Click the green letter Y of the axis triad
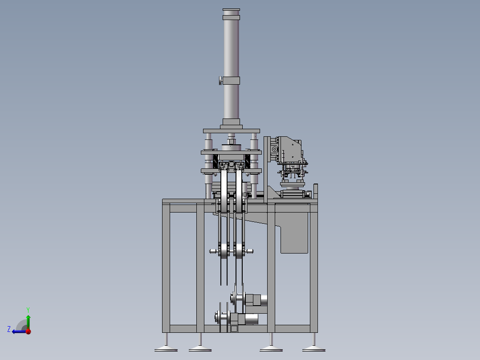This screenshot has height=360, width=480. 28,310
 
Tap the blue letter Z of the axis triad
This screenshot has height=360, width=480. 9,329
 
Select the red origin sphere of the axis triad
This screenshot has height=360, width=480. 28,331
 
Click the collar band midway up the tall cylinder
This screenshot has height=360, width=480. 231,81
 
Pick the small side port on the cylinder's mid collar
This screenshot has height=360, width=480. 221,81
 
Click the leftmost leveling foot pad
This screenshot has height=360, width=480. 166,349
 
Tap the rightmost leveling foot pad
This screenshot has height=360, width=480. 314,349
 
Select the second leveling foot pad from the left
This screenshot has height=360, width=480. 200,349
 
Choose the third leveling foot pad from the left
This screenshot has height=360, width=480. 271,349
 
